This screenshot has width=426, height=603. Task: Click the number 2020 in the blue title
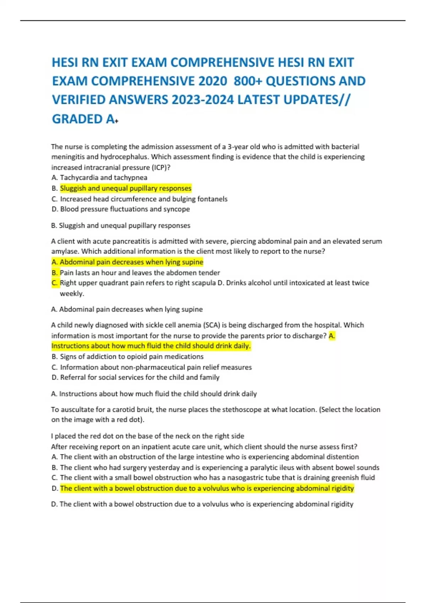213,81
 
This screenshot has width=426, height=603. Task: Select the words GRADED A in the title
83,119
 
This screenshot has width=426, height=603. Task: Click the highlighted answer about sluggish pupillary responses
126,188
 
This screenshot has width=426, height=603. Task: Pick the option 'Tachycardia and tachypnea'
103,178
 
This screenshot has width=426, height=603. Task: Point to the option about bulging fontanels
143,199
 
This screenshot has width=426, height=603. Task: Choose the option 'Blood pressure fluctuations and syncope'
125,209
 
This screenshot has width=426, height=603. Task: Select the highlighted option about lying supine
131,262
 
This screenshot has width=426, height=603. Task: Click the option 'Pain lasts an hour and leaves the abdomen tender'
140,273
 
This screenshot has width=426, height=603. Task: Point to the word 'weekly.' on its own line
72,294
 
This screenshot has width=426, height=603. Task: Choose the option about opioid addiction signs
131,357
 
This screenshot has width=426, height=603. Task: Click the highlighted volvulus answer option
207,488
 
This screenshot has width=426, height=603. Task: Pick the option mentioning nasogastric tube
217,478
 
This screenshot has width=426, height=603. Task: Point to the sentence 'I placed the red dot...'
148,436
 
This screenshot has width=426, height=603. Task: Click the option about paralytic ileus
219,468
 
